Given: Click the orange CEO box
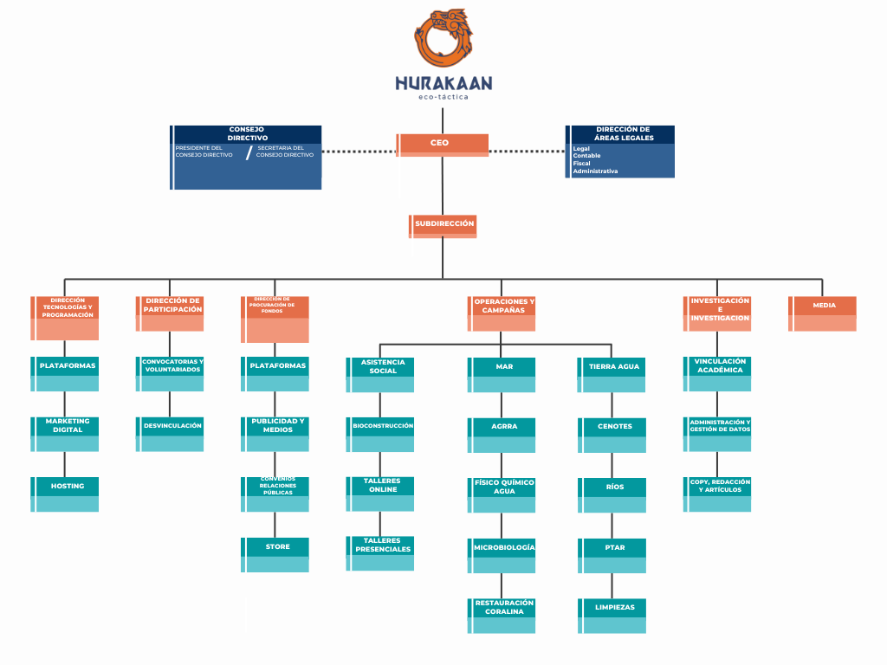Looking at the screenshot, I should click(442, 144).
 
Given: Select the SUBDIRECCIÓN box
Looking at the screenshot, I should click(443, 225).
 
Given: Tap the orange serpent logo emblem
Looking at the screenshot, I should click(443, 38).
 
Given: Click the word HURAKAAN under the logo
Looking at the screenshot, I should click(443, 83).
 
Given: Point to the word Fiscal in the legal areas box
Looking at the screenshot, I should click(582, 163).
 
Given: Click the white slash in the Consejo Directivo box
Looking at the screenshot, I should click(249, 153).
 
